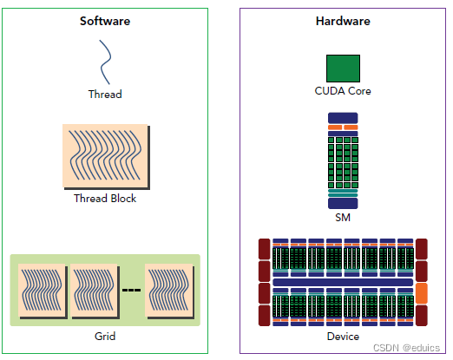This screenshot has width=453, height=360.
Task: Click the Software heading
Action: tap(104, 21)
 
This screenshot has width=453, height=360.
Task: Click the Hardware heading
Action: tap(342, 21)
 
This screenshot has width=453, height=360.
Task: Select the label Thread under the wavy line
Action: tap(105, 94)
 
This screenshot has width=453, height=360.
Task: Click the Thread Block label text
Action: tap(105, 198)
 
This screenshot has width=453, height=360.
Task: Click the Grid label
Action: tap(105, 336)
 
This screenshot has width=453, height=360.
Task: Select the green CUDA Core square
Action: tap(343, 69)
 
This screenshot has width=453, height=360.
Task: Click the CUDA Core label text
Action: tap(343, 91)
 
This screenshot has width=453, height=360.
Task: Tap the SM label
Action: tap(343, 219)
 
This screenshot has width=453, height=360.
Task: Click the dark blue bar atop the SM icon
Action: tap(343, 117)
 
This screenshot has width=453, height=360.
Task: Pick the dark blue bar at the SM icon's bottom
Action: tap(343, 203)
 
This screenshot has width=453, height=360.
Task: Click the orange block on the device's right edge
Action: tap(423, 292)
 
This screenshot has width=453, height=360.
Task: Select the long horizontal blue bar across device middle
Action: tap(342, 283)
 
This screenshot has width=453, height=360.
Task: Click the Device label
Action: tap(343, 336)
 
